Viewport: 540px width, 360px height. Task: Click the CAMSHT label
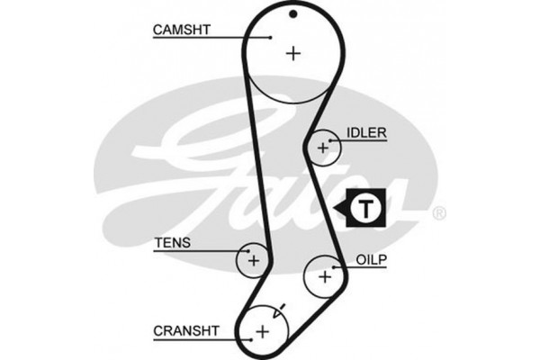coord(181,30)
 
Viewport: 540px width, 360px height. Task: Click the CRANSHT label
coord(184,330)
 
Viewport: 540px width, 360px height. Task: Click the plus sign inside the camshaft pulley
coord(292,53)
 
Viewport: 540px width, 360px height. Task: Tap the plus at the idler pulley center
coord(322,148)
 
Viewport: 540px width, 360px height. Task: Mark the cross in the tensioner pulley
coord(254,261)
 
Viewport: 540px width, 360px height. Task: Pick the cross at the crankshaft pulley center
coord(262,332)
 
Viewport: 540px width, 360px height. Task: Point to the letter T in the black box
coord(365,209)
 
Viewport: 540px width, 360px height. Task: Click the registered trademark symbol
coord(438,213)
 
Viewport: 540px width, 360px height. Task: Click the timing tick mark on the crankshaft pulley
coord(280,308)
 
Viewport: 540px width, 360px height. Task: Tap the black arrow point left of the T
coord(339,209)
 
